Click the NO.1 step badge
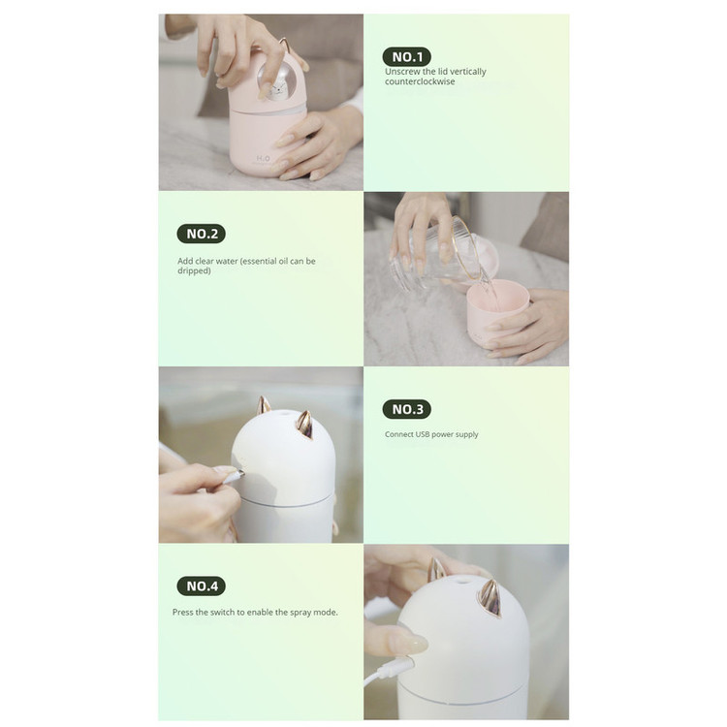(x=407, y=57)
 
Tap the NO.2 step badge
(x=202, y=234)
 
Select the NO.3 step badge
(x=407, y=409)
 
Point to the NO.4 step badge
(x=202, y=586)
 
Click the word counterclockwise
(x=420, y=81)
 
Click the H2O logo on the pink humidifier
(x=264, y=159)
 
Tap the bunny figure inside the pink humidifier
(x=277, y=87)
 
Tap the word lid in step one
(x=442, y=72)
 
